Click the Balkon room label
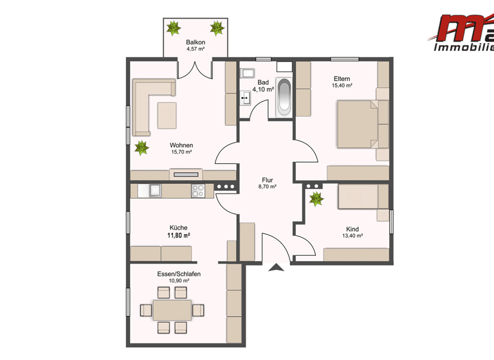[196, 42]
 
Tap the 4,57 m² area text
[196, 49]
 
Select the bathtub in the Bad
[283, 98]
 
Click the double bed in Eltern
[356, 124]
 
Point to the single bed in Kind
[362, 197]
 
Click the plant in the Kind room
[316, 199]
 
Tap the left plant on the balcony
[174, 28]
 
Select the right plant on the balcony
[217, 28]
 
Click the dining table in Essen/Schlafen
[172, 310]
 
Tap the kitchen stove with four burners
[198, 190]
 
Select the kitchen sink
[155, 190]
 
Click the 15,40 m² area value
[342, 85]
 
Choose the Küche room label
[178, 228]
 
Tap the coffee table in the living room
[167, 114]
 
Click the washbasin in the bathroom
[245, 98]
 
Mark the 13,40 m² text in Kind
[352, 236]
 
